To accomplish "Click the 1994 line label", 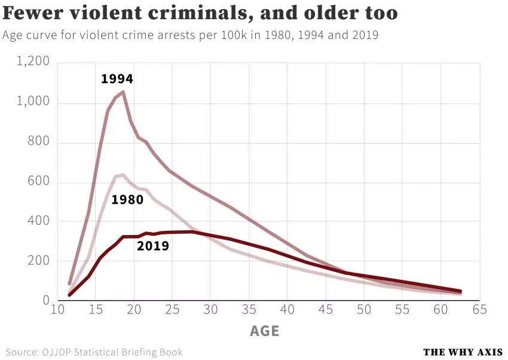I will tap(117, 79).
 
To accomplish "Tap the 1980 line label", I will tap(127, 200).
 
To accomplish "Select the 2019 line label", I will tap(153, 246).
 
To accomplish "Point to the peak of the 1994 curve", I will tap(123, 92).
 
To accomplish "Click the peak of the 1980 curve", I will tap(122, 175).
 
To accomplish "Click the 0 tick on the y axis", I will tap(46, 300).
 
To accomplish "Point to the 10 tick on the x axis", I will tap(57, 310).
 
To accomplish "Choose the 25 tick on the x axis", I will tap(172, 310).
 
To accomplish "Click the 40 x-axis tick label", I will tap(287, 310).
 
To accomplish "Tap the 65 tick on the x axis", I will tap(479, 310).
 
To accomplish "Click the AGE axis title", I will tap(264, 331).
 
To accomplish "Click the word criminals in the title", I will tap(189, 13).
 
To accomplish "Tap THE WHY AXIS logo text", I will tap(463, 352).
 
